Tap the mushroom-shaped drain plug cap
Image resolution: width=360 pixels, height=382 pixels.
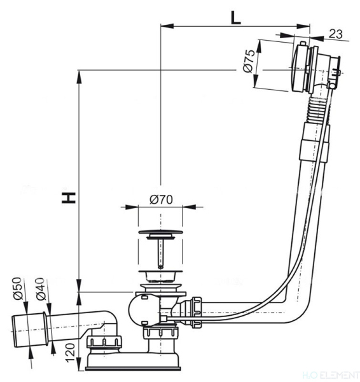click(161, 231)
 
